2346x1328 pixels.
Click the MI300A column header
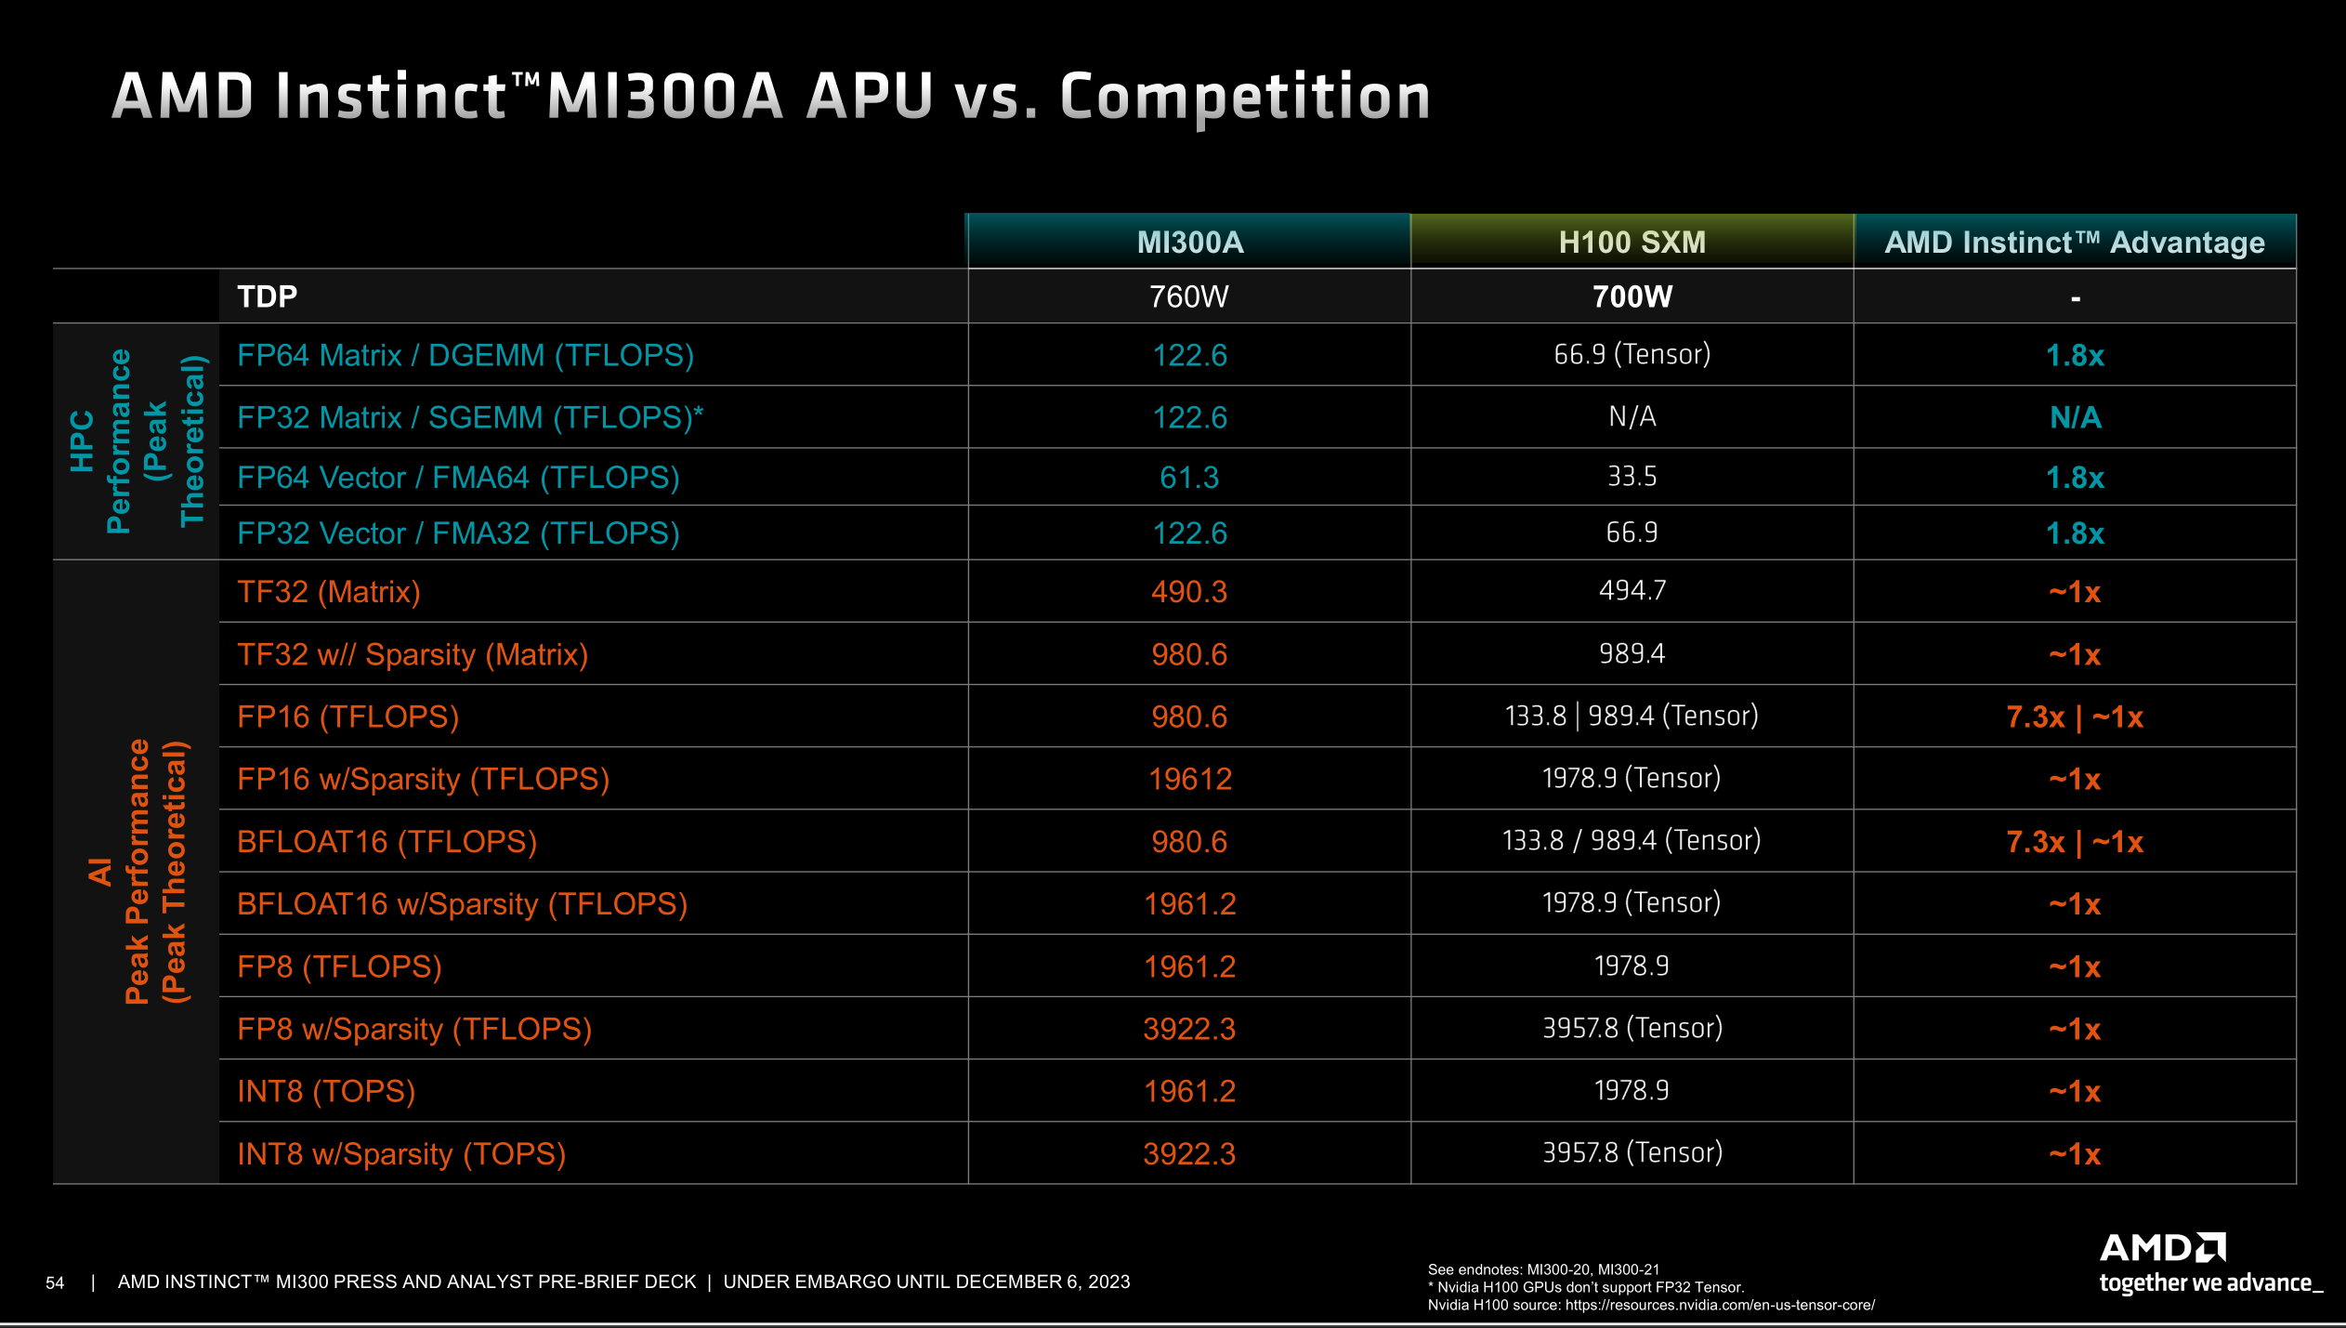point(1189,243)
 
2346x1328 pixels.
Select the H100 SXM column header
point(1632,243)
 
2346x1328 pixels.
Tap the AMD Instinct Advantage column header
point(2075,243)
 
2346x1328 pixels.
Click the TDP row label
point(268,296)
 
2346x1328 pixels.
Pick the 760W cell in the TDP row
point(1189,296)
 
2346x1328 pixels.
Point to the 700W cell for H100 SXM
point(1632,296)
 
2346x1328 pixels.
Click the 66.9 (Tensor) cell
point(1632,354)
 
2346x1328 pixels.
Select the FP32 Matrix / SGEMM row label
point(470,417)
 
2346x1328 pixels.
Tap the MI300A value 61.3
point(1189,478)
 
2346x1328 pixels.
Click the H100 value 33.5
point(1632,477)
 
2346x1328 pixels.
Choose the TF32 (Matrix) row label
point(329,592)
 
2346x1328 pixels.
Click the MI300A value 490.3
point(1189,592)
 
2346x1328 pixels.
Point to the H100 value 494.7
point(1632,591)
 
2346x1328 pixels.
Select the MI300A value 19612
point(1189,779)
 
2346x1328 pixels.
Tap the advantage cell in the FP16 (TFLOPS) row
point(2075,717)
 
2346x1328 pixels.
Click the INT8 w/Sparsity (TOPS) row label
point(401,1154)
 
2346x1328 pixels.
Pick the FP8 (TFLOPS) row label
point(339,966)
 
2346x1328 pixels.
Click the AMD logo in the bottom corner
point(2162,1248)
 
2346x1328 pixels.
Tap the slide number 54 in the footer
point(55,1283)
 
